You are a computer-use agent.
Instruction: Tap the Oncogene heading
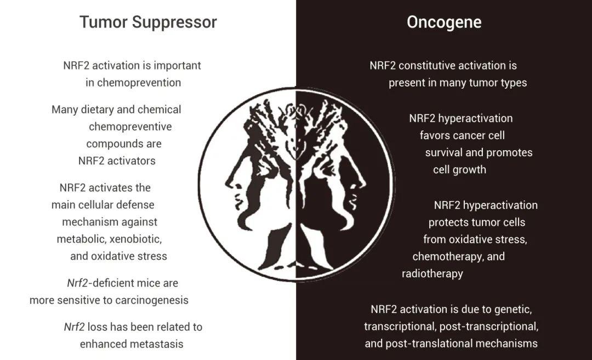pos(444,22)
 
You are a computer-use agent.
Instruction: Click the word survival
pos(444,152)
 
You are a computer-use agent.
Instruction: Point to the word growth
pos(472,170)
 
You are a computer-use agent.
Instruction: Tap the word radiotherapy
pos(432,273)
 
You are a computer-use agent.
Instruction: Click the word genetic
pos(514,310)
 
